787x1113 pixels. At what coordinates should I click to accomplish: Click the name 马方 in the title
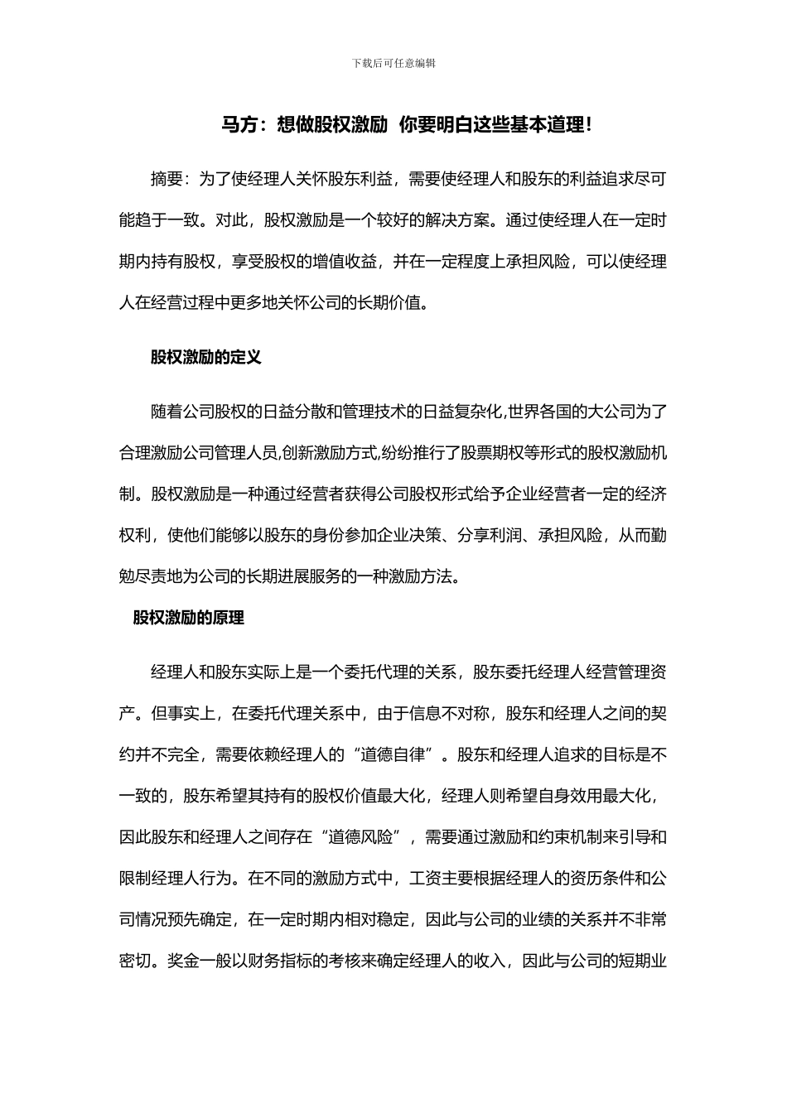pos(237,125)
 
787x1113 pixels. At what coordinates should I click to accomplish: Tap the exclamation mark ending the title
pos(588,125)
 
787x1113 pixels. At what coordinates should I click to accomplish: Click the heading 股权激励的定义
pos(205,357)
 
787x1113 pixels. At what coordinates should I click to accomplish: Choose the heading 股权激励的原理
pos(189,618)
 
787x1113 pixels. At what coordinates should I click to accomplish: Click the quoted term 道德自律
pos(393,754)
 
